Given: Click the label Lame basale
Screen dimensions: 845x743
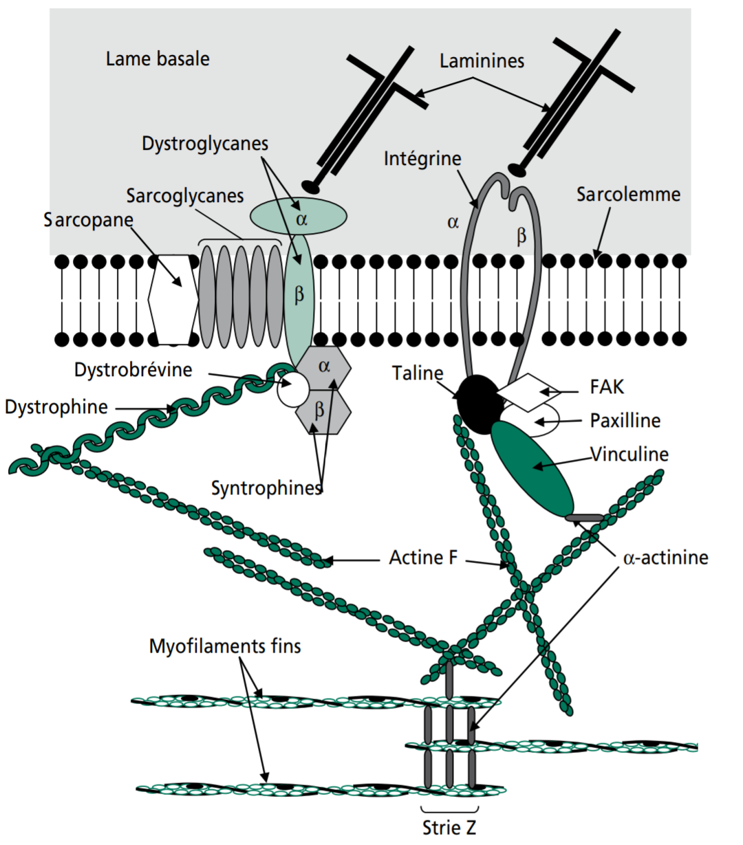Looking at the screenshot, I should pyautogui.click(x=158, y=59).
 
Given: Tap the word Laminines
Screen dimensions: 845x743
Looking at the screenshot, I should pyautogui.click(x=482, y=61).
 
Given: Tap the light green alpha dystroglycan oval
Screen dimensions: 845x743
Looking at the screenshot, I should pyautogui.click(x=298, y=216).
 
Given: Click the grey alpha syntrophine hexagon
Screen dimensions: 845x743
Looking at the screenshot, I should pyautogui.click(x=324, y=367).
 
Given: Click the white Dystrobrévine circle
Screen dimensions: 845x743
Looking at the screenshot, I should pyautogui.click(x=293, y=391).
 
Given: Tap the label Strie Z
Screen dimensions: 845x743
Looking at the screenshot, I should pyautogui.click(x=449, y=827).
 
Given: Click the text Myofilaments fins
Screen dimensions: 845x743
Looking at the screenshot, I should pyautogui.click(x=225, y=646).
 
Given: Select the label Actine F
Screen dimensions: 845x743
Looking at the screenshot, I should pyautogui.click(x=423, y=557).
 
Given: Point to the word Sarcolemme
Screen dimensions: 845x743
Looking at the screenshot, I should pyautogui.click(x=628, y=195).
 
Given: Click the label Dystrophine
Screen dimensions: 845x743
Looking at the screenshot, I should pyautogui.click(x=56, y=407).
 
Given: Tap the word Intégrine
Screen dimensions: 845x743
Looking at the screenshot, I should pyautogui.click(x=422, y=159).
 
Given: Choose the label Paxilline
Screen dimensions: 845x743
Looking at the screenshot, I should pyautogui.click(x=625, y=420).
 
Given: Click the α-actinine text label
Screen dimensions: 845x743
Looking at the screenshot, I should pyautogui.click(x=665, y=557).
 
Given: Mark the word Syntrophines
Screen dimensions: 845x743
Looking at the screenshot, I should pyautogui.click(x=267, y=488).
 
